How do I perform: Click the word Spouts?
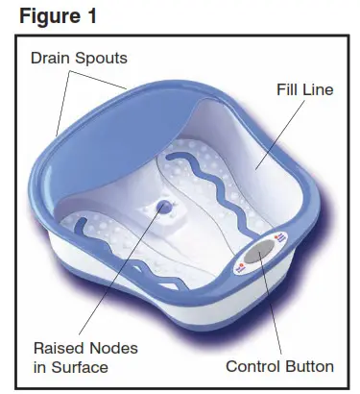click(103, 58)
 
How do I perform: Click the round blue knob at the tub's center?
click(163, 207)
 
